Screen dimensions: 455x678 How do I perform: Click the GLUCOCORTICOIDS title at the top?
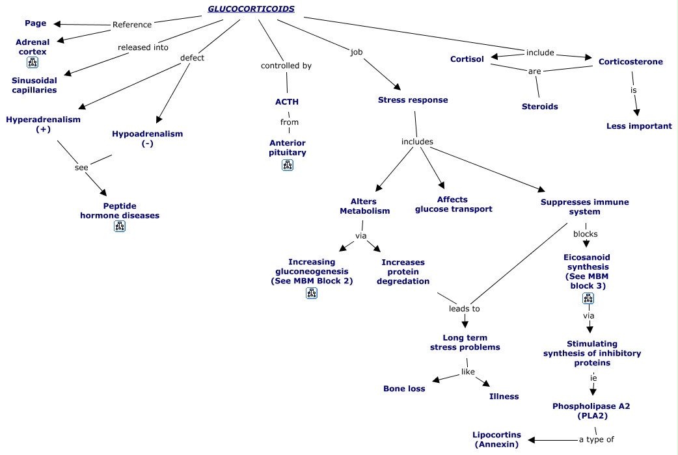coord(251,9)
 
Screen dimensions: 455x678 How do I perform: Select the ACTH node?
coord(287,101)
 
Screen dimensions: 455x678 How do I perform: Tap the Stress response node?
coord(413,100)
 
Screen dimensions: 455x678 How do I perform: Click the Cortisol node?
coord(467,59)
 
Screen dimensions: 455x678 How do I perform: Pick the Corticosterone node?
coord(631,62)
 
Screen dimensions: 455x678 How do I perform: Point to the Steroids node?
coord(539,106)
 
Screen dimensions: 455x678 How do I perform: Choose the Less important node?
coord(639,125)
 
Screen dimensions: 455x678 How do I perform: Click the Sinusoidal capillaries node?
coord(34,85)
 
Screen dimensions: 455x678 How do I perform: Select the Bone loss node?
coord(404,389)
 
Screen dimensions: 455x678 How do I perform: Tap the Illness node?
coord(504,396)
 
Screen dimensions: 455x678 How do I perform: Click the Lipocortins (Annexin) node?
coord(496,439)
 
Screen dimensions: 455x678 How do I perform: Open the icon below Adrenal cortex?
coord(33,62)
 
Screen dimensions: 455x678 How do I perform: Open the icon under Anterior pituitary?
coord(288,165)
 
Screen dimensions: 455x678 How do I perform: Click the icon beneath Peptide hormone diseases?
coord(120,226)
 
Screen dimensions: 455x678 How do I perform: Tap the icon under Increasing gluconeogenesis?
coord(312,292)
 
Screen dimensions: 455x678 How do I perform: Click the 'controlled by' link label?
coord(286,66)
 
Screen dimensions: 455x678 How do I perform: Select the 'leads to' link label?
coord(465,309)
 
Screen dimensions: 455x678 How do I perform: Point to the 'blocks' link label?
coord(585,234)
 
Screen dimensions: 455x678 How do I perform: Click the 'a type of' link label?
coord(596,439)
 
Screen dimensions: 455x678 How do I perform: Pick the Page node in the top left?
coord(36,23)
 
